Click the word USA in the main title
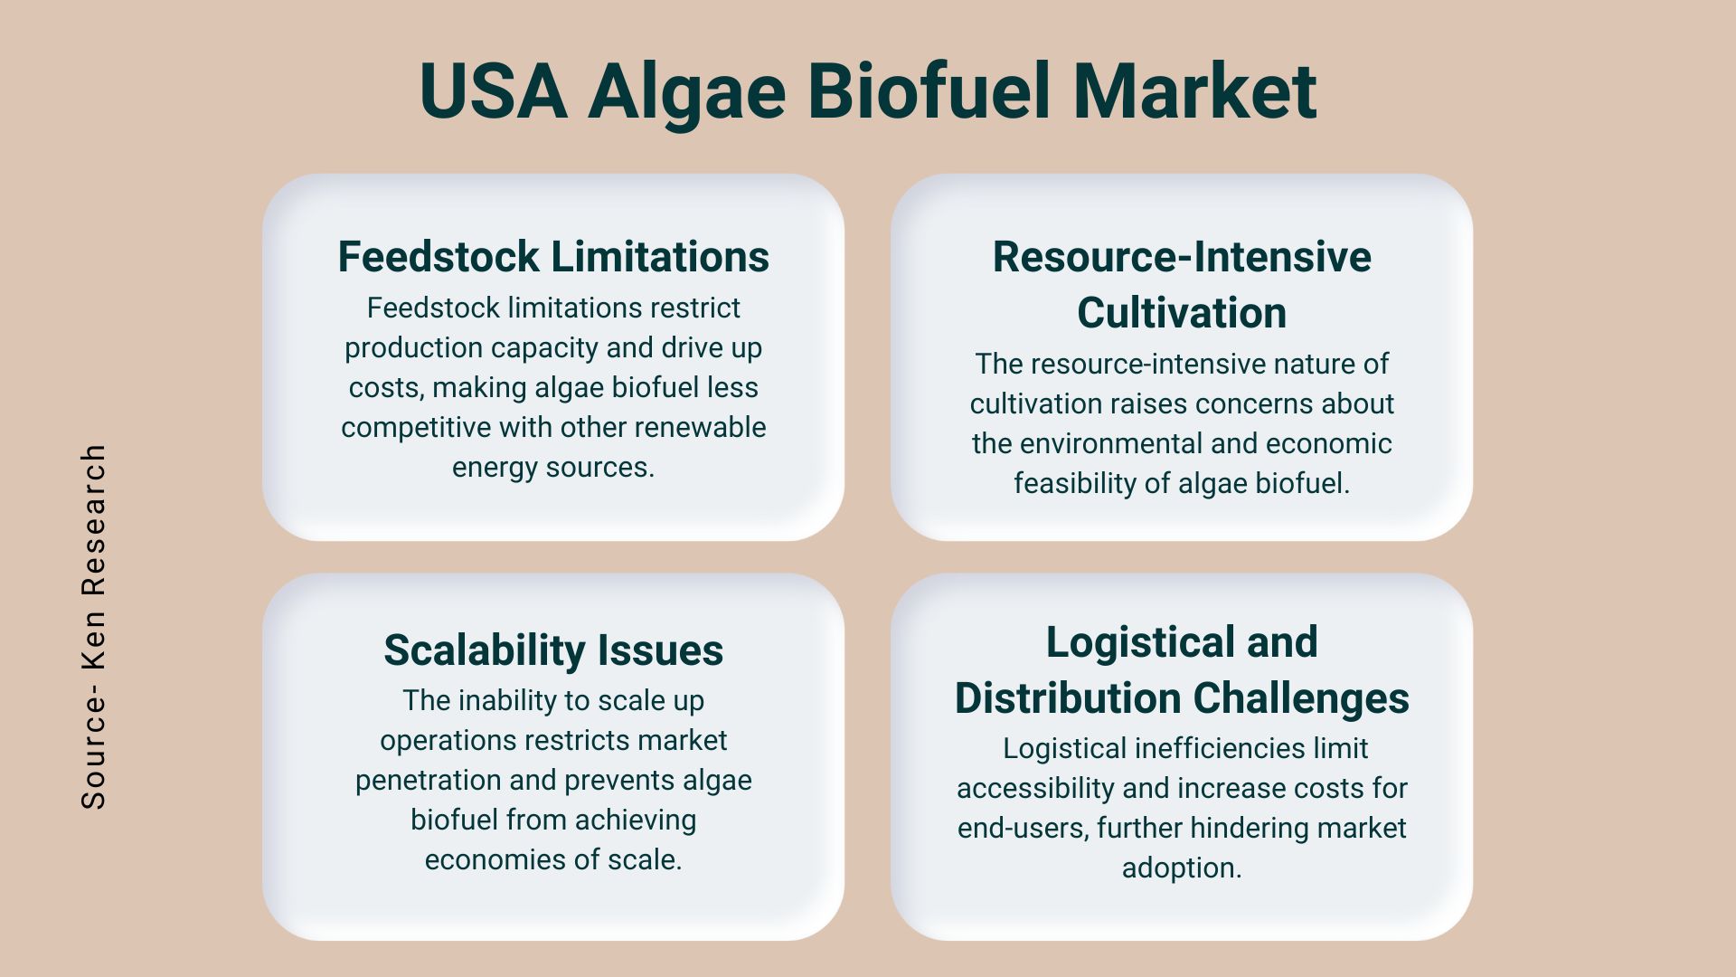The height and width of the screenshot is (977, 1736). click(x=494, y=90)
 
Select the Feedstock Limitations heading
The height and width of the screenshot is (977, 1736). click(x=553, y=257)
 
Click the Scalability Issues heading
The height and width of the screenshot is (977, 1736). click(x=553, y=650)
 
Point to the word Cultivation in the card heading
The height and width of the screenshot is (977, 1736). click(x=1182, y=313)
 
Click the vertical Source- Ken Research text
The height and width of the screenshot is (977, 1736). click(x=94, y=626)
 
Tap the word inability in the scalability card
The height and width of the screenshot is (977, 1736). click(x=502, y=701)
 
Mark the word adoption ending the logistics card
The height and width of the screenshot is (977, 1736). click(x=1182, y=868)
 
